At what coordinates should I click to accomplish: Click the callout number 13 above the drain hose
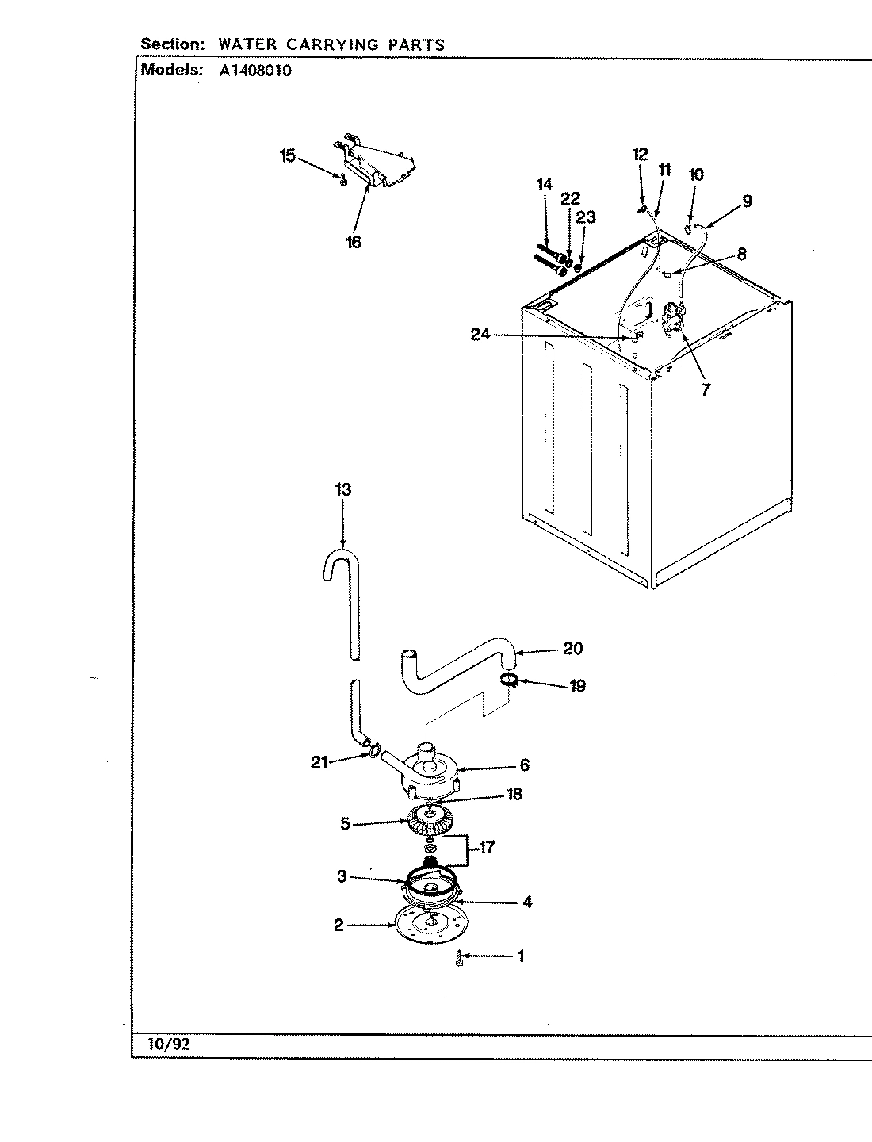point(342,489)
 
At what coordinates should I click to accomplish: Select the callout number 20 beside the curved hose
point(572,649)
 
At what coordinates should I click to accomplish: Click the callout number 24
point(480,335)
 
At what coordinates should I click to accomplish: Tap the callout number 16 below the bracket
point(354,242)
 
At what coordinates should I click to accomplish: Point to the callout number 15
point(287,156)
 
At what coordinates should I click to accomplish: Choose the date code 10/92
point(168,1044)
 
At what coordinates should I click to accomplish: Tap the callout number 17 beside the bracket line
point(486,848)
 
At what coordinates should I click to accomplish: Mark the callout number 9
point(747,201)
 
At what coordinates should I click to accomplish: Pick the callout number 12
point(640,155)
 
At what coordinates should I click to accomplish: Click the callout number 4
point(526,902)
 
